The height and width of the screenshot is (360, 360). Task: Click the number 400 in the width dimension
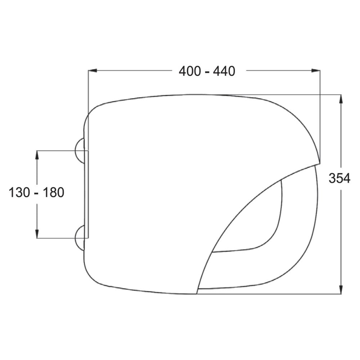pos(190,71)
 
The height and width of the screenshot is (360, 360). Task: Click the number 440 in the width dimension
pos(224,71)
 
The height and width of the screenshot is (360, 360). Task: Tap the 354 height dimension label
pos(339,178)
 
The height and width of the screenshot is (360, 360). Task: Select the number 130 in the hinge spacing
pos(19,193)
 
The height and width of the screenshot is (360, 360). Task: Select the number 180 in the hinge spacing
pos(54,193)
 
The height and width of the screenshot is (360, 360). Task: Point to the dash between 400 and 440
pos(207,72)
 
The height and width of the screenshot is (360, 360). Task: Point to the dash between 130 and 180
pos(37,193)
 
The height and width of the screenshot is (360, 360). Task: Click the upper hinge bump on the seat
pos(80,150)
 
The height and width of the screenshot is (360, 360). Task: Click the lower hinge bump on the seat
pos(80,238)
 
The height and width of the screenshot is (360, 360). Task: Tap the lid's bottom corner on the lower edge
pos(197,293)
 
